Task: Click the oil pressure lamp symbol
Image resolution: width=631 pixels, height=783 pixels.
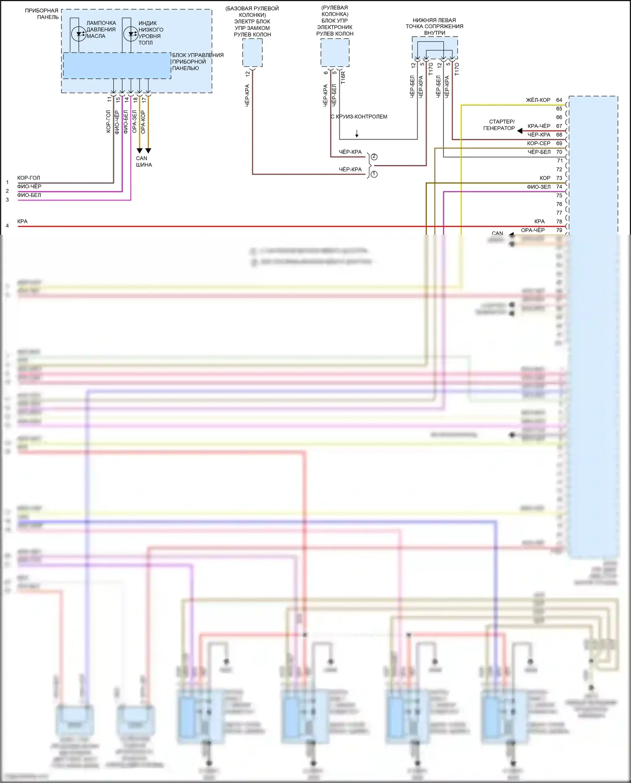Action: coord(79,34)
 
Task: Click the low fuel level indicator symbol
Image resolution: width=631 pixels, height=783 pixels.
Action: coord(130,34)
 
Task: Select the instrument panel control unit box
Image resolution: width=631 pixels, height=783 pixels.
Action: coord(117,66)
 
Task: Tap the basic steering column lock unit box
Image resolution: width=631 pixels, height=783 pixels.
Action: coord(252,53)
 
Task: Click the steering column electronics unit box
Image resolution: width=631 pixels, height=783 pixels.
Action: coord(335,53)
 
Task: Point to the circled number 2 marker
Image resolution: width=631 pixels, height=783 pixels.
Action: coord(374,157)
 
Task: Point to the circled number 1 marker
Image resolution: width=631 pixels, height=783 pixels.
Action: coord(374,174)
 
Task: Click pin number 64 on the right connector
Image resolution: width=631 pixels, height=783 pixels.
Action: coord(559,100)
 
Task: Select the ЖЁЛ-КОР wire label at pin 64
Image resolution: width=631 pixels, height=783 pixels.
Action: coord(538,100)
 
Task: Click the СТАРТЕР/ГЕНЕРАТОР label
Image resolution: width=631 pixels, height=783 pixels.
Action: coord(499,125)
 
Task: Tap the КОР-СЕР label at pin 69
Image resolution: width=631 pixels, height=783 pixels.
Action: coord(538,143)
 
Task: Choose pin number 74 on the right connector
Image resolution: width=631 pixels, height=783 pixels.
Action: coord(559,187)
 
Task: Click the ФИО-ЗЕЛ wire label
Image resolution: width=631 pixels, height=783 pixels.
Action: coord(538,187)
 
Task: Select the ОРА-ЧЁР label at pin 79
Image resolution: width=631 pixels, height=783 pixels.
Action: coord(533,230)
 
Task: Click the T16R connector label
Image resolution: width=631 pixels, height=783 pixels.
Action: coord(343,77)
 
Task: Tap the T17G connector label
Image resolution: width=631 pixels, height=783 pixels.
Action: coord(431,69)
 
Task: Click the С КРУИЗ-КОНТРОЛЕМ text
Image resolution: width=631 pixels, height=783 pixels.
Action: coord(359,117)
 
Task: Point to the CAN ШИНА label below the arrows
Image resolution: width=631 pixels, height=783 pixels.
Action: coord(143,162)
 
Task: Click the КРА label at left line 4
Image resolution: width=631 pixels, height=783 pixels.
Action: coord(22,221)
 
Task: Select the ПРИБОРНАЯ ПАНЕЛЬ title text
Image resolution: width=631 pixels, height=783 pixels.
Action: coord(42,14)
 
